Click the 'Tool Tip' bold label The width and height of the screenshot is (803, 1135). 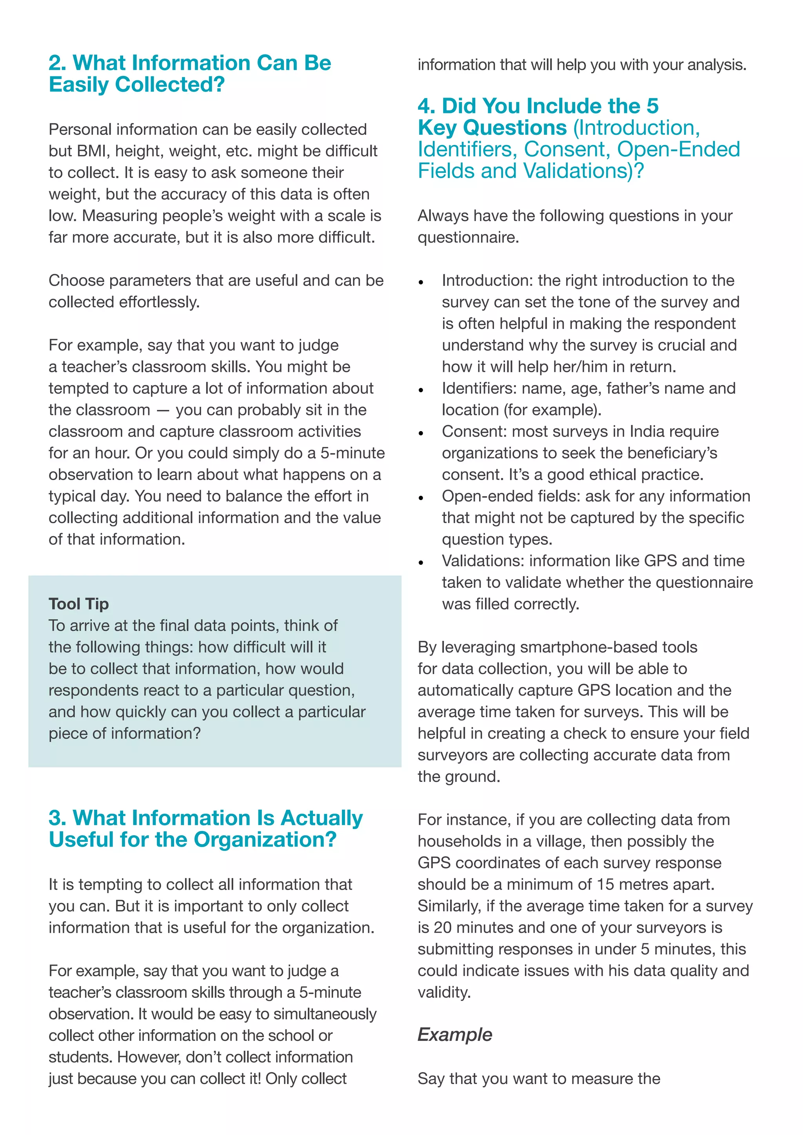(x=79, y=604)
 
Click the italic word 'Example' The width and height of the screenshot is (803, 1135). (x=454, y=1035)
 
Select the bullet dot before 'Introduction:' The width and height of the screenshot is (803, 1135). (x=421, y=283)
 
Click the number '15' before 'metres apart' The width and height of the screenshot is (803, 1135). (x=605, y=885)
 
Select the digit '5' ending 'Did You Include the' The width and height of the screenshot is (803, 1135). (x=652, y=106)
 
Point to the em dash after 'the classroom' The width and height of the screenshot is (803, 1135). (x=162, y=410)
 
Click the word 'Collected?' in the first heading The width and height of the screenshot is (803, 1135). (x=170, y=85)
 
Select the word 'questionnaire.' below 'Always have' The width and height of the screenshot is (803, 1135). (x=468, y=238)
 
